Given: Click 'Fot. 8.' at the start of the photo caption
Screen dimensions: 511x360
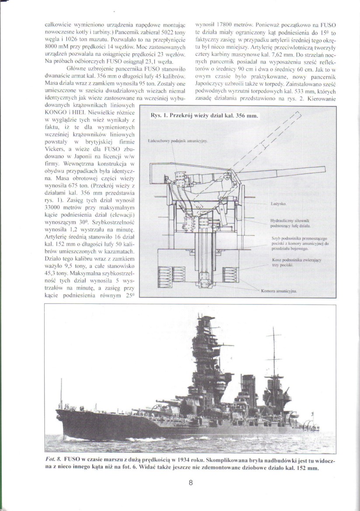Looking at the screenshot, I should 53,461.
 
